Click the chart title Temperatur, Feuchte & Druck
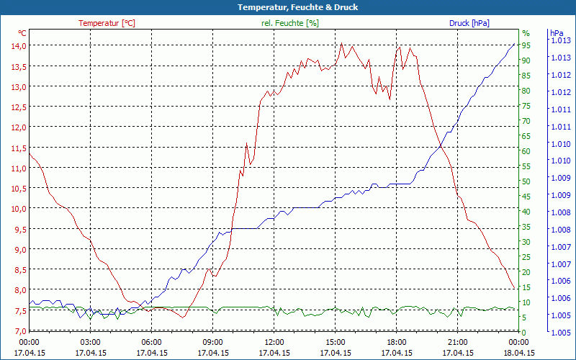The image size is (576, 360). point(288,7)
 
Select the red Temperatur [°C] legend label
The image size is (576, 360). point(107,23)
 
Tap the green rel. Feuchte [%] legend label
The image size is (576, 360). point(290,23)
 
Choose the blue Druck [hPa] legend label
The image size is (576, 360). point(469,23)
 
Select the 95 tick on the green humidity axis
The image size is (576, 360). point(526,45)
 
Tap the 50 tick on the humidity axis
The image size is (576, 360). point(526,181)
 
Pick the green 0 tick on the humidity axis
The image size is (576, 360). point(524,331)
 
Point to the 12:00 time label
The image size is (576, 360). point(274,342)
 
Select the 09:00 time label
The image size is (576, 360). point(213,342)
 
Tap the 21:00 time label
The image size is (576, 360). point(458,342)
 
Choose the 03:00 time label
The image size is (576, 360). point(90,342)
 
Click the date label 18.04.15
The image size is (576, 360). point(519,353)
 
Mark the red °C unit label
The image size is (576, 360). point(22,33)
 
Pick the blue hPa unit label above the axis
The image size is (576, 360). point(557,33)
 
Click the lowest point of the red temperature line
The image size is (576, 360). point(183,318)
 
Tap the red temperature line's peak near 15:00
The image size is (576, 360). point(342,43)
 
